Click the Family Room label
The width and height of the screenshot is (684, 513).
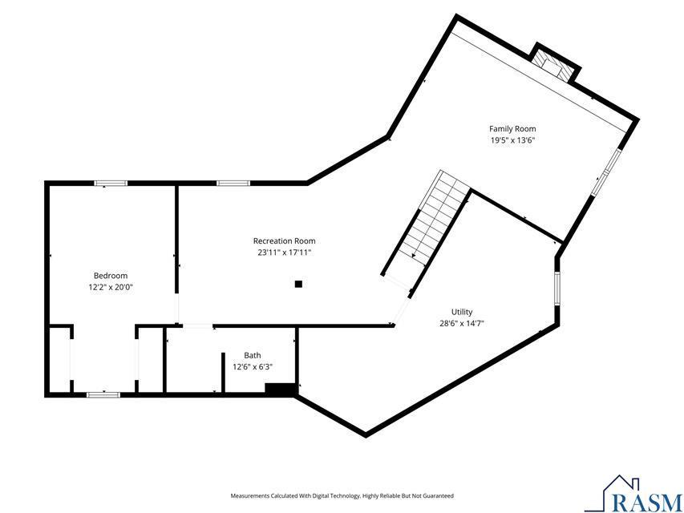512,128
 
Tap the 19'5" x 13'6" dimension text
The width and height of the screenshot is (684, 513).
512,140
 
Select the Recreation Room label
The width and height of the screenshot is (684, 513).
284,240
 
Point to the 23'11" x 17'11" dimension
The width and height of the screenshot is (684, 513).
284,252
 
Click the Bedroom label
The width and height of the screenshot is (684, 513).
110,275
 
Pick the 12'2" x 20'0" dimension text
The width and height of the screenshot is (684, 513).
110,287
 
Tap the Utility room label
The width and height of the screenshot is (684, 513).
462,312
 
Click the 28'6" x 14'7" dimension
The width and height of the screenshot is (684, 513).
462,324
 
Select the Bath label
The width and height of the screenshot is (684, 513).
253,355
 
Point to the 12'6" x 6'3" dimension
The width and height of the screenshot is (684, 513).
253,367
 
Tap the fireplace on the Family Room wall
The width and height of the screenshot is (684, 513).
555,65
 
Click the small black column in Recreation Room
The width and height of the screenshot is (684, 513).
298,283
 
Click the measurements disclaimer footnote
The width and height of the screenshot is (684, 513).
342,496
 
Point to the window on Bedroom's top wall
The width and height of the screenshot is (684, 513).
111,184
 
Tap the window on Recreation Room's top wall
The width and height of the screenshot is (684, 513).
233,184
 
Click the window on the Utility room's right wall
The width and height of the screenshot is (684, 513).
556,289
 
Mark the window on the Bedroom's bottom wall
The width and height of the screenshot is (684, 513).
103,394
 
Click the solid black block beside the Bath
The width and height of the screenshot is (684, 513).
280,389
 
